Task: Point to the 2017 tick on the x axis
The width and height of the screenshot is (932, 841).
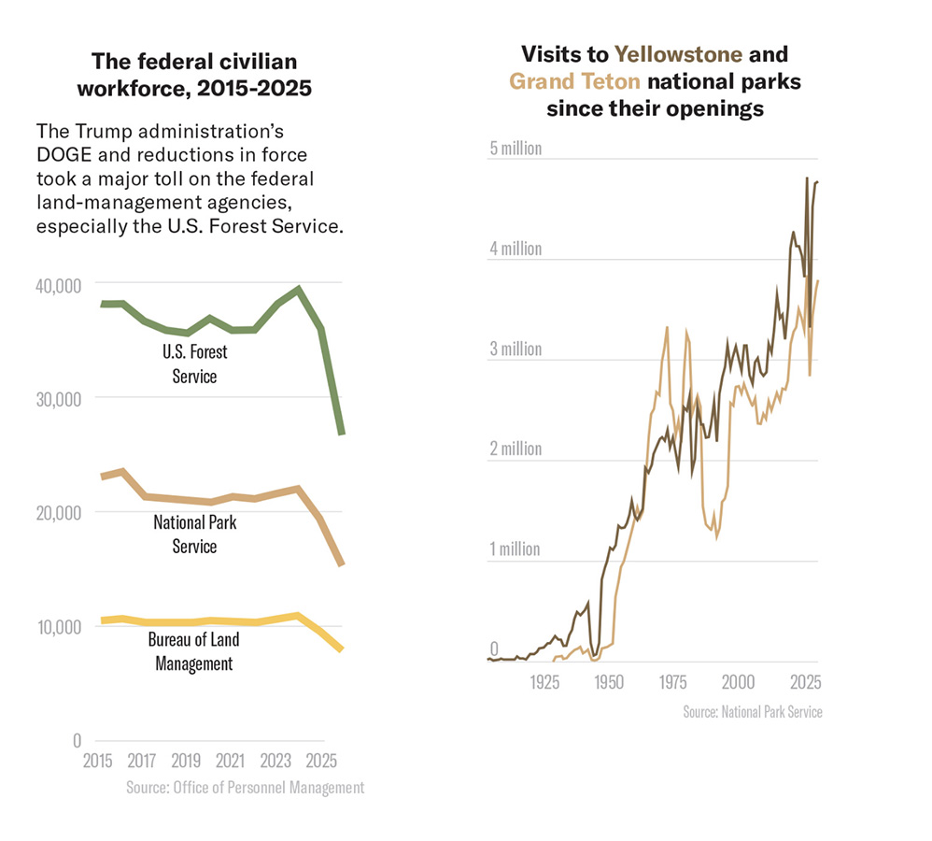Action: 141,759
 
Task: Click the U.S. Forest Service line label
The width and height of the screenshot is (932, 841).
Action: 194,364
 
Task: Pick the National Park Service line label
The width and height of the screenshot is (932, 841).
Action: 194,534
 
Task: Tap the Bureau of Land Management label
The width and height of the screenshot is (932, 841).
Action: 193,651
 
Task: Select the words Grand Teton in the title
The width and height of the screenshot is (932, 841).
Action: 574,81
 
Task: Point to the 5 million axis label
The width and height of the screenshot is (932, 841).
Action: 515,150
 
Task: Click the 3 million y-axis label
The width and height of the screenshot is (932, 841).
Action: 515,349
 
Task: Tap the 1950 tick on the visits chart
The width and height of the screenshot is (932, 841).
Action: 609,681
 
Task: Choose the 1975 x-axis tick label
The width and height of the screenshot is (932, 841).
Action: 673,681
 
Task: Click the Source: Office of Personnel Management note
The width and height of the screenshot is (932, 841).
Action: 245,788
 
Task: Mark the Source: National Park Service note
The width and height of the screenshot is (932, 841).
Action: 753,712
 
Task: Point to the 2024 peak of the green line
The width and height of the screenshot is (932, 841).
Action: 298,289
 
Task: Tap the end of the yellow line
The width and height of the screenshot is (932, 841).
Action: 341,649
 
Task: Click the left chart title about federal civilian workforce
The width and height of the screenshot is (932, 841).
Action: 194,75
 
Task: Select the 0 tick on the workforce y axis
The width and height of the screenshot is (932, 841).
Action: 77,740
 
